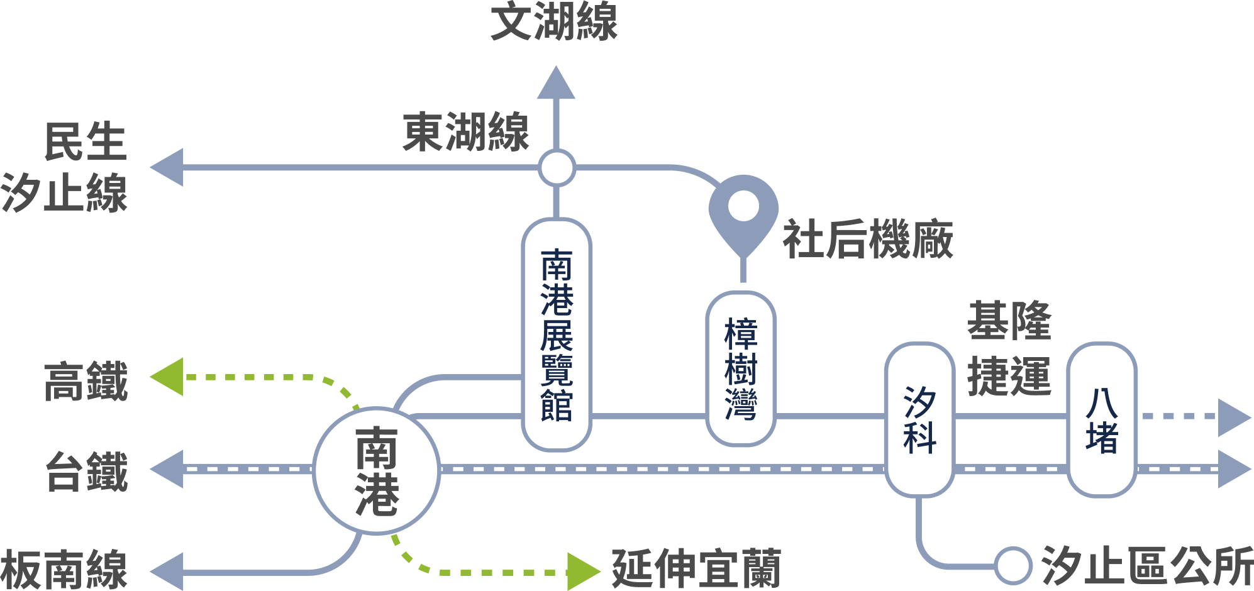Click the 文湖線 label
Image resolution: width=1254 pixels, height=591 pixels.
point(553,22)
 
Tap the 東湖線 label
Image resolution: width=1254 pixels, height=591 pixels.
point(465,133)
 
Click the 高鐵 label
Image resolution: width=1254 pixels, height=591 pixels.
point(86,381)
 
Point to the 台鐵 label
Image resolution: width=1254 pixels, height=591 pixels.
point(87,471)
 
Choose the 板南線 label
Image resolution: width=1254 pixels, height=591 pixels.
point(64,569)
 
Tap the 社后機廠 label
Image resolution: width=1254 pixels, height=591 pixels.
point(868,240)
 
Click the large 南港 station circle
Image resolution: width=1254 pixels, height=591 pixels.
point(376,470)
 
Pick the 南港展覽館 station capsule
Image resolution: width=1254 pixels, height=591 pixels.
point(557,334)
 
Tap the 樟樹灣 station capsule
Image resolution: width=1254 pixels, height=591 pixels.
point(741,368)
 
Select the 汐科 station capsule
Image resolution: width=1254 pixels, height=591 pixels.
point(919,419)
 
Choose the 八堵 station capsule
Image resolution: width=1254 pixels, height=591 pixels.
point(1102,419)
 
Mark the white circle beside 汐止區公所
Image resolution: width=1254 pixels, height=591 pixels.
point(1013,565)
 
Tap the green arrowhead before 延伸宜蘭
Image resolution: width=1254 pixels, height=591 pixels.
point(583,572)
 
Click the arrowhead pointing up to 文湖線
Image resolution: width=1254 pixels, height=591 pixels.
point(556,84)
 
